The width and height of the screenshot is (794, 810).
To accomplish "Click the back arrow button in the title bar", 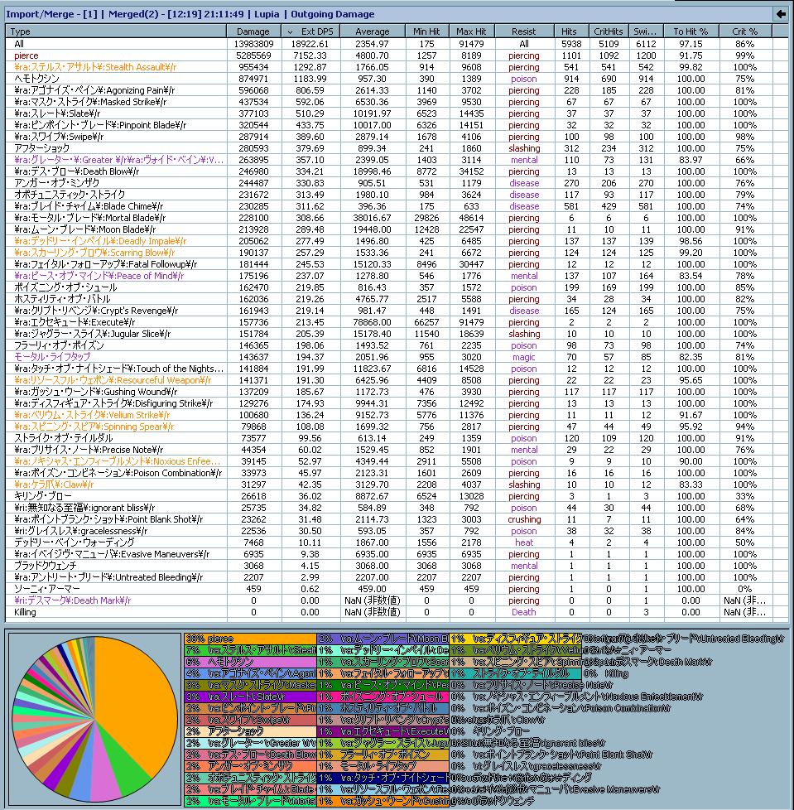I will click(780, 13).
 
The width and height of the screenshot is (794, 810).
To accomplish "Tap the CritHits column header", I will click(609, 31).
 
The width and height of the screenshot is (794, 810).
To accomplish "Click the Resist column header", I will click(523, 31).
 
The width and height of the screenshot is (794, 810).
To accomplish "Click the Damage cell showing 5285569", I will click(251, 55).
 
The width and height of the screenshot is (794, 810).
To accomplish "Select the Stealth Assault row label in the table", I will click(95, 67).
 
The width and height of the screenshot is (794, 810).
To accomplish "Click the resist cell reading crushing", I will click(523, 519).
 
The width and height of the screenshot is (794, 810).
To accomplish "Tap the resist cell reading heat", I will click(523, 542).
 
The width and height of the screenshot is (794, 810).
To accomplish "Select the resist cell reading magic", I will click(523, 357).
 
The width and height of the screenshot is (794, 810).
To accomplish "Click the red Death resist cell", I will click(523, 612).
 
